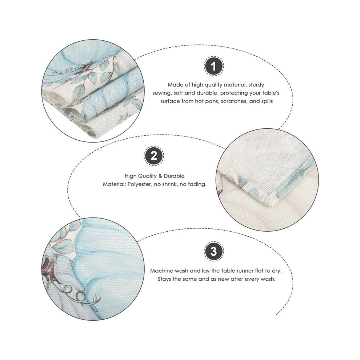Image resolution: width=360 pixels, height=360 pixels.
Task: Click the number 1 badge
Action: [213, 66]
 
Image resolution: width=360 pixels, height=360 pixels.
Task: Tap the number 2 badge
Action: [154, 156]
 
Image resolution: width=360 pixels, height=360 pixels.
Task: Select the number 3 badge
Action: [213, 251]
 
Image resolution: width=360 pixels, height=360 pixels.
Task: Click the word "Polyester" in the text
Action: [139, 184]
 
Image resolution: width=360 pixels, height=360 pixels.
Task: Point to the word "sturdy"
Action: [256, 85]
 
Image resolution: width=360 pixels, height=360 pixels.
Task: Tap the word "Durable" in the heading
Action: [174, 176]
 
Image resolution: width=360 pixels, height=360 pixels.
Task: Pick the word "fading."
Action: [197, 184]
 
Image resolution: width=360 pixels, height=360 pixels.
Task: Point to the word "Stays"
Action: [164, 279]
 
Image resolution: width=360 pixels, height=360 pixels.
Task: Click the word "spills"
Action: [267, 101]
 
